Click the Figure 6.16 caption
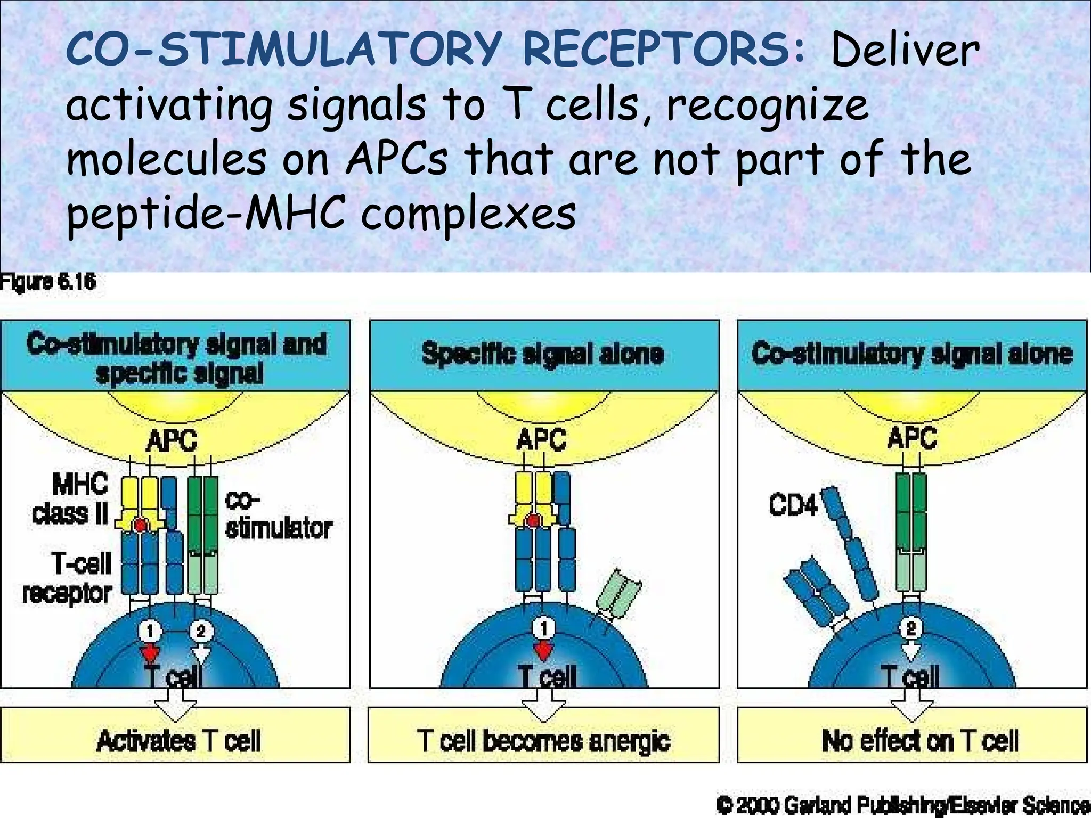coord(48,282)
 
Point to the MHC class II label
coord(70,499)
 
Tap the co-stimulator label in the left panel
coord(278,514)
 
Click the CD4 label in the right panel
coord(793,505)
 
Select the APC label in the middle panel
coord(542,440)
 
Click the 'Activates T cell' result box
coord(178,741)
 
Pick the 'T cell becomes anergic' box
coord(543,741)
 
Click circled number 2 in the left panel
coord(201,631)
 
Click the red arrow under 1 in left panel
coord(150,652)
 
